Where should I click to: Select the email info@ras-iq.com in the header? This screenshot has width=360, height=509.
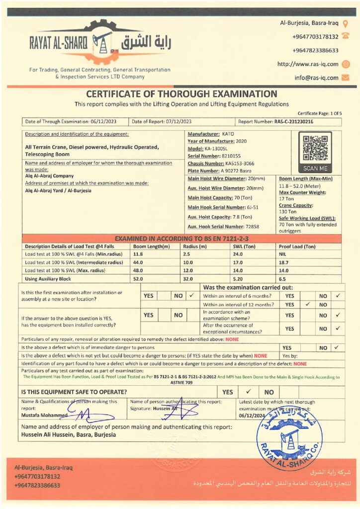point(316,78)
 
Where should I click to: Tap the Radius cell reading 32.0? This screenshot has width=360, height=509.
point(188,279)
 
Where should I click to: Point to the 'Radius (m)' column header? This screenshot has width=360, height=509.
point(194,247)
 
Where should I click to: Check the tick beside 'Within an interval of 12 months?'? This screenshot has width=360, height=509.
point(308,305)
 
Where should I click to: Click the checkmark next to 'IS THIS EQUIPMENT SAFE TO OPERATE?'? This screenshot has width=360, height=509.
point(249,392)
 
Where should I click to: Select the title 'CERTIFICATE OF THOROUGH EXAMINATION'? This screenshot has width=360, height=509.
point(181,94)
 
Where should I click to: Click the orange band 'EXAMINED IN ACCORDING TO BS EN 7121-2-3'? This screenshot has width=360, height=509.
point(181,239)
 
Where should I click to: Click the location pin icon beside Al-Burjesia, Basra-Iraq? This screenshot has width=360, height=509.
point(346,23)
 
